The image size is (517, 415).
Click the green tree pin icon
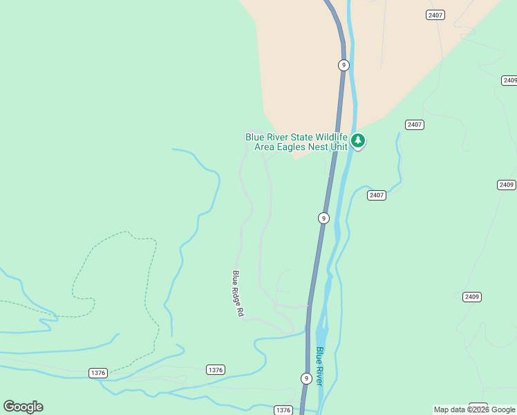pyautogui.click(x=357, y=141)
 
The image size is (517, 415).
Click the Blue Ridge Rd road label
pyautogui.click(x=238, y=293)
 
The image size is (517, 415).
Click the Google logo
pyautogui.click(x=23, y=407)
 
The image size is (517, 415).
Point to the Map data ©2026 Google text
pyautogui.click(x=474, y=410)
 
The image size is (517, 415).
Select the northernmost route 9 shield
pyautogui.click(x=344, y=65)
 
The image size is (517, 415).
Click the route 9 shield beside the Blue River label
pyautogui.click(x=306, y=378)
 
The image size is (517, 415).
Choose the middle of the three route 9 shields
pyautogui.click(x=323, y=218)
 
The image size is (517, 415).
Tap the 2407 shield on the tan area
pyautogui.click(x=435, y=15)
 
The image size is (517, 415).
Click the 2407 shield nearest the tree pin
pyautogui.click(x=415, y=124)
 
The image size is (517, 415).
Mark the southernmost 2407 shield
pyautogui.click(x=377, y=195)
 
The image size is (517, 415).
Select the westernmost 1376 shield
pyautogui.click(x=98, y=373)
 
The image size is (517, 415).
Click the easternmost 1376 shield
pyautogui.click(x=283, y=410)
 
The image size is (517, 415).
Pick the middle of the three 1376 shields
pyautogui.click(x=216, y=370)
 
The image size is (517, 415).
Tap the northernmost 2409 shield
pyautogui.click(x=509, y=80)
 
